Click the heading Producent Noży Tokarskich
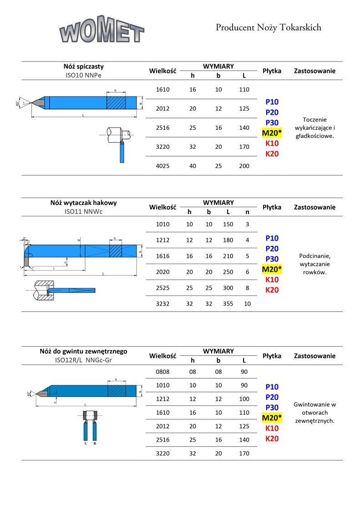click(x=268, y=28)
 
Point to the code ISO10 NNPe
click(x=84, y=75)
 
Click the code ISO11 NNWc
click(x=84, y=211)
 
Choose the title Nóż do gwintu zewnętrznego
click(x=83, y=352)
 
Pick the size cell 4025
click(x=162, y=166)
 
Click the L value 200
click(x=244, y=166)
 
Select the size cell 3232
click(x=162, y=303)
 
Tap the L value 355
click(x=228, y=303)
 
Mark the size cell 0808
click(x=162, y=372)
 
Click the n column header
click(x=248, y=212)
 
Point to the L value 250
click(x=228, y=272)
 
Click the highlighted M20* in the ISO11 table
click(x=272, y=269)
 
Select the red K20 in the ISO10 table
click(x=272, y=154)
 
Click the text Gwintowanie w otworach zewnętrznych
click(x=315, y=412)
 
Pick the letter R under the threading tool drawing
click(x=95, y=443)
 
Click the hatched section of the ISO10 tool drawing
click(x=116, y=102)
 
